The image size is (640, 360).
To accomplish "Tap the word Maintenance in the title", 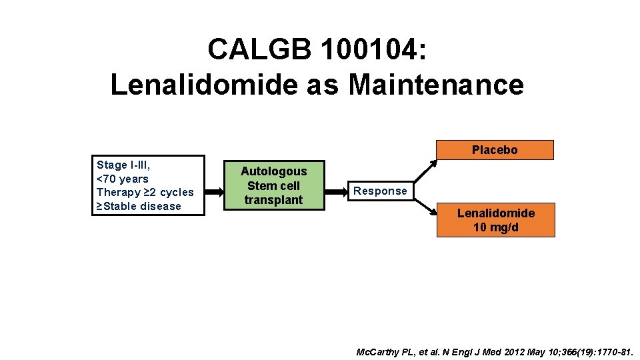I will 436,85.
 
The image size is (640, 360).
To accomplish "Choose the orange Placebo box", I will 495,150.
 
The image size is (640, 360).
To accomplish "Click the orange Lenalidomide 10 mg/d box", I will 495,220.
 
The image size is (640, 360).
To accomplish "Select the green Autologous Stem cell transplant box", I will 273,185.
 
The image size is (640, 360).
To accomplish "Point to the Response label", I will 380,191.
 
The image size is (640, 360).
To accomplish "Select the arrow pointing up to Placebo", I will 425,170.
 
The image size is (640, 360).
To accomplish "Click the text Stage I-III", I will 123,165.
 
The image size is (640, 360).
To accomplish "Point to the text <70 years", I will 123,179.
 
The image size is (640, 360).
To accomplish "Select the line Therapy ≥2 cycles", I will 145,192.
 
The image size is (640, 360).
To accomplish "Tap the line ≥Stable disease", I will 139,206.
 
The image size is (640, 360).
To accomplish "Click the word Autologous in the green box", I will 273,171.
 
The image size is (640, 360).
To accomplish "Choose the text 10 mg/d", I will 495,227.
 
